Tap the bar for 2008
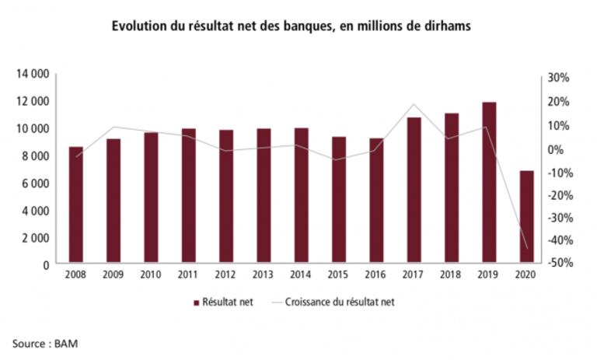tap(75, 205)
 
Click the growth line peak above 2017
tap(414, 104)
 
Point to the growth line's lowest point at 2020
tap(527, 249)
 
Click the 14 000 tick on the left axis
tap(33, 74)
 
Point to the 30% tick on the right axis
tap(560, 78)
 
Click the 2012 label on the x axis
tap(225, 276)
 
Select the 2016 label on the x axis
tap(376, 276)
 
